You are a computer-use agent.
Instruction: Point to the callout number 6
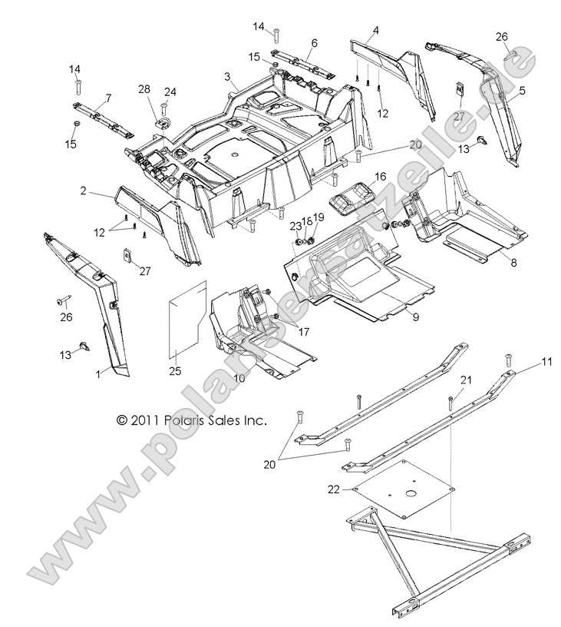[x=314, y=43]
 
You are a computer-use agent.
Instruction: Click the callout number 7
[x=108, y=98]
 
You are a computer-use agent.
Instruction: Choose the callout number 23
[x=295, y=226]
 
